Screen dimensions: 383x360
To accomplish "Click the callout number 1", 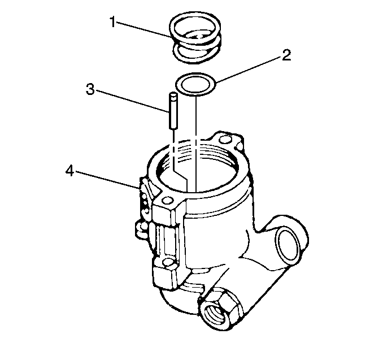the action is (112, 22).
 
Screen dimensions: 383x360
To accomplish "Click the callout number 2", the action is (286, 55).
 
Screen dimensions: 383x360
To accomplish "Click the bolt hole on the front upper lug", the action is (168, 200).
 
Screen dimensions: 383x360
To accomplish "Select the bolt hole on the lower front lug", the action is (168, 262).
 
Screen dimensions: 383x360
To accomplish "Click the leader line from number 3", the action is (132, 101).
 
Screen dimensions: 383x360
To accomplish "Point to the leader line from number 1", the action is (144, 30).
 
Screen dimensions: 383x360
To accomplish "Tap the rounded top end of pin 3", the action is (173, 94).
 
